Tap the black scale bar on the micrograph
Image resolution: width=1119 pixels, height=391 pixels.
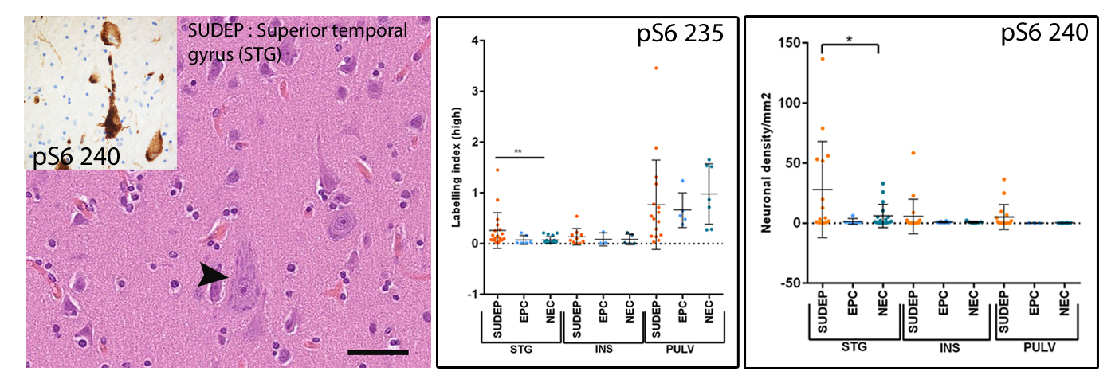point(379,351)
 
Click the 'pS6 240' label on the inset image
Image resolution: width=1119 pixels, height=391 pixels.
point(77,157)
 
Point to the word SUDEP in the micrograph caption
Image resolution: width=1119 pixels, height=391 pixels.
point(214,31)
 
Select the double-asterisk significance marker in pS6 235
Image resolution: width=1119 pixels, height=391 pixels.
point(519,150)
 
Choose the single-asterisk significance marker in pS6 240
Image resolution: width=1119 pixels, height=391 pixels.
point(849,37)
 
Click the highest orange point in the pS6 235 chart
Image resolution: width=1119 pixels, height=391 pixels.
point(656,68)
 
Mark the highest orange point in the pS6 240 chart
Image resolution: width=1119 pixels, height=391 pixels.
point(823,59)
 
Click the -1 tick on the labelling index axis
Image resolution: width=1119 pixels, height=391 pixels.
point(473,294)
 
